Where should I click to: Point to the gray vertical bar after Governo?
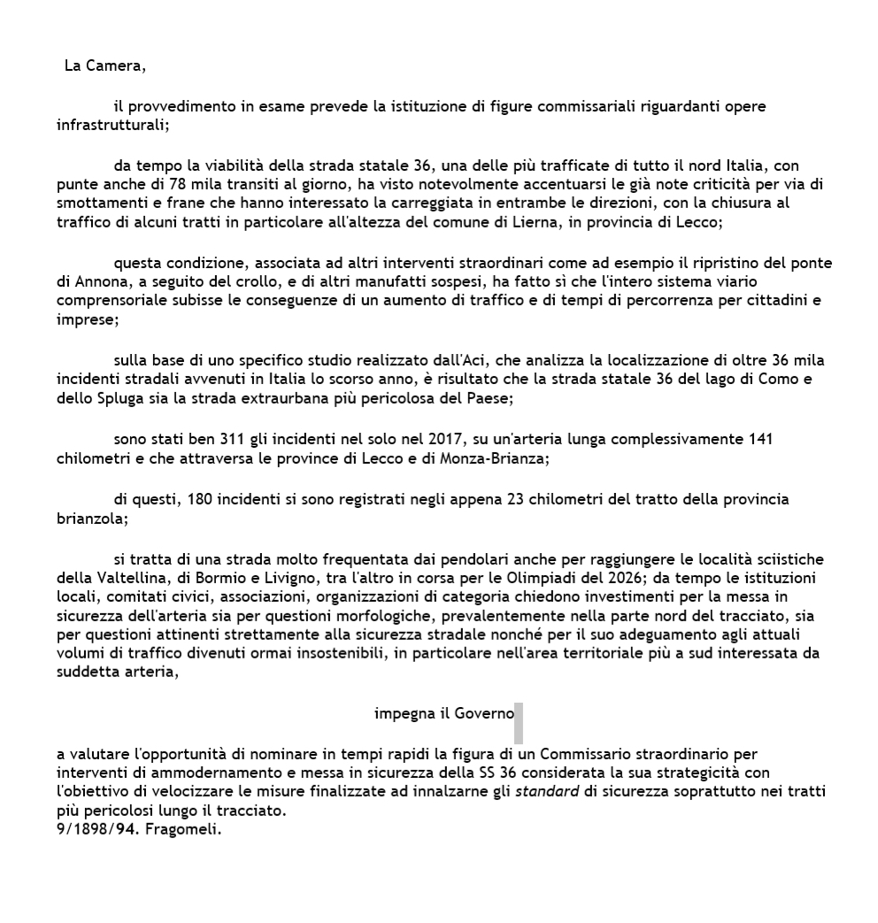tap(519, 722)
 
